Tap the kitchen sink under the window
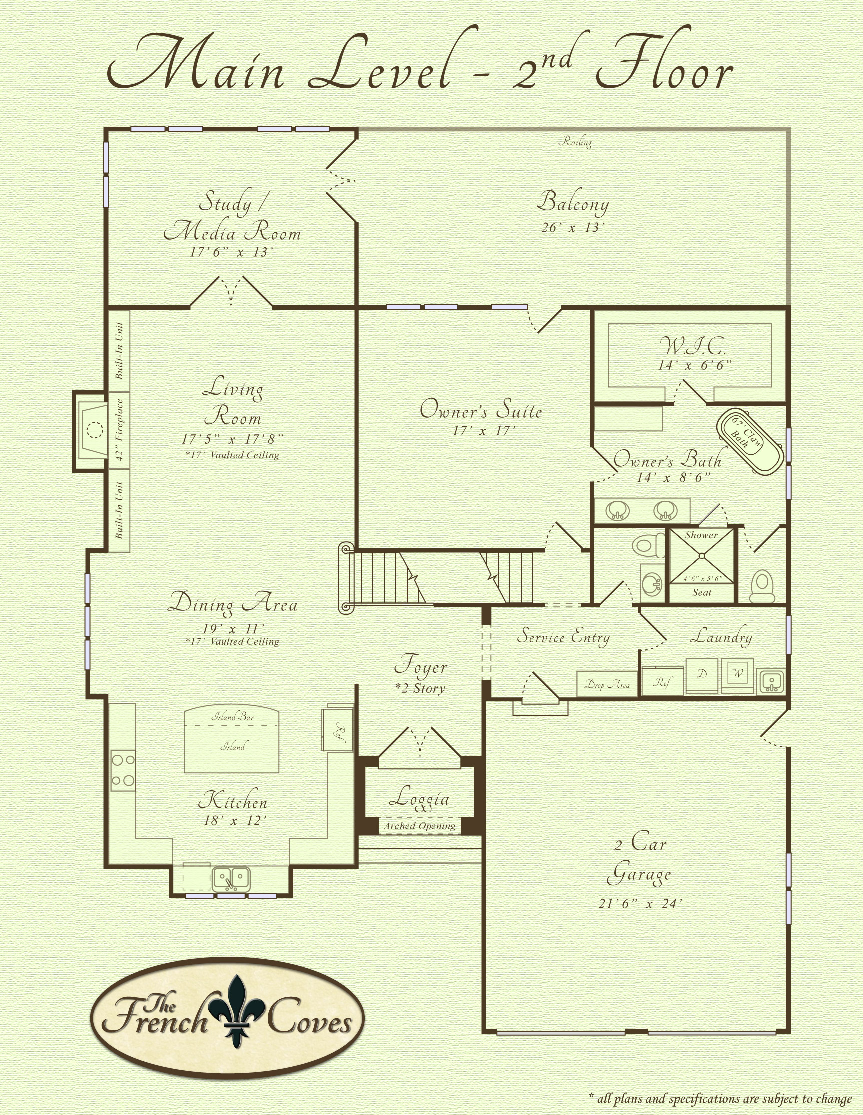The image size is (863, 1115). tap(232, 879)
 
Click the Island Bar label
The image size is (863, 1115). tap(233, 717)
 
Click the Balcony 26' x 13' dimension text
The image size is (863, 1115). tap(573, 228)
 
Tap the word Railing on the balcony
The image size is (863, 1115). tap(575, 142)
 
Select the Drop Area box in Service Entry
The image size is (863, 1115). tap(607, 684)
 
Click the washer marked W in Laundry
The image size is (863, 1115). tap(738, 675)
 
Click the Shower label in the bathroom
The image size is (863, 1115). tap(701, 535)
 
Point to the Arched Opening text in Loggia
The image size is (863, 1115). tap(420, 826)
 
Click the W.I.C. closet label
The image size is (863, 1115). tap(693, 347)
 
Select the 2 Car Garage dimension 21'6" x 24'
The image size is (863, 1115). tap(640, 904)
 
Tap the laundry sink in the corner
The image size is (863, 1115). tap(771, 682)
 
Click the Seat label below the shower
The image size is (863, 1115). tap(702, 593)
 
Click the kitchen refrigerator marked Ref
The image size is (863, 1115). tap(337, 728)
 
